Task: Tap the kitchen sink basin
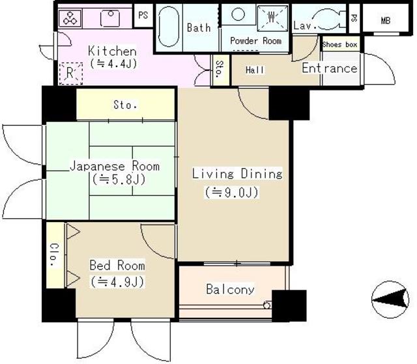pos(110,18)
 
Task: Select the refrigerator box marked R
pos(70,74)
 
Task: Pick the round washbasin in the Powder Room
pos(238,14)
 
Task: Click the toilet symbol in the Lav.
pos(329,19)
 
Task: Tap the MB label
pos(386,20)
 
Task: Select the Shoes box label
pos(340,44)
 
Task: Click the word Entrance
pos(330,68)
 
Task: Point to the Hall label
pos(255,70)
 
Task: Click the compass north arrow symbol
pos(390,300)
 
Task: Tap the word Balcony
pos(230,289)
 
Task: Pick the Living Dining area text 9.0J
pos(231,192)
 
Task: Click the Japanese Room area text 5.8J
pos(119,180)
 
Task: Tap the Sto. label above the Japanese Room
pos(125,105)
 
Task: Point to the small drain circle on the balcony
pos(266,305)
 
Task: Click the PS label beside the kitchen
pos(143,15)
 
